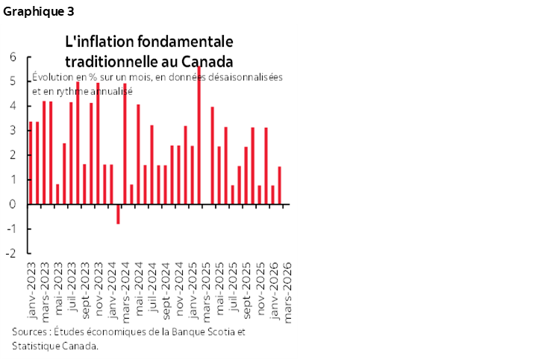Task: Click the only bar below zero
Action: click(x=118, y=214)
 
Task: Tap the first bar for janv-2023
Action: click(x=31, y=163)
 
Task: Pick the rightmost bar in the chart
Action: click(x=280, y=185)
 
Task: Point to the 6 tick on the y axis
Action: click(x=13, y=57)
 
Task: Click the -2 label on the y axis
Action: click(x=12, y=253)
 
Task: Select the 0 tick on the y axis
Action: click(x=13, y=204)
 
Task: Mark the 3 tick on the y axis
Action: click(x=13, y=131)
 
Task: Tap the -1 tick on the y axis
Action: click(x=12, y=229)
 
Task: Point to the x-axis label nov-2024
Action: click(x=179, y=287)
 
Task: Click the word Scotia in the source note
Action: click(x=221, y=332)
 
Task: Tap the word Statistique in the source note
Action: click(x=36, y=345)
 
